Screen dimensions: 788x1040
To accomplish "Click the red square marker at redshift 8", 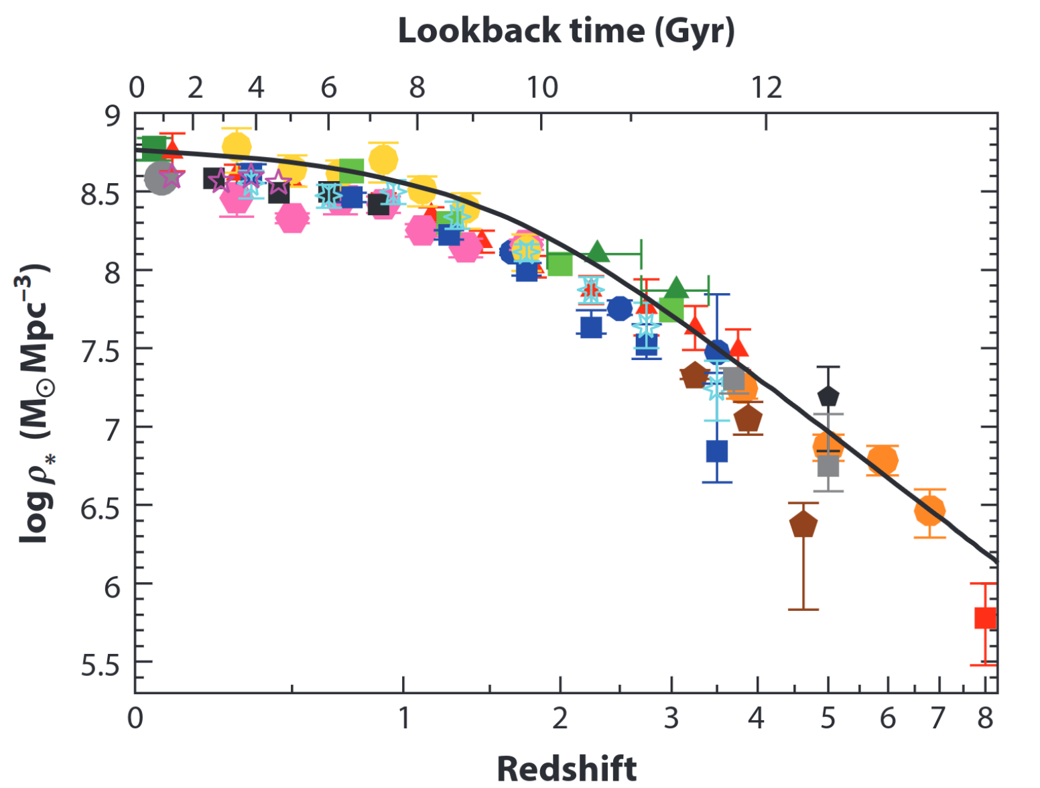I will click(x=985, y=618).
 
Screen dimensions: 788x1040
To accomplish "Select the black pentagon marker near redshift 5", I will click(x=828, y=396).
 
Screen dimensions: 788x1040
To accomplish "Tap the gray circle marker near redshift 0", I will click(x=161, y=178).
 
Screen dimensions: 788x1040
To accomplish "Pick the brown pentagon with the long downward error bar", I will click(x=803, y=524).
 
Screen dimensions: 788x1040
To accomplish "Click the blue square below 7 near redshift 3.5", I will click(x=717, y=451).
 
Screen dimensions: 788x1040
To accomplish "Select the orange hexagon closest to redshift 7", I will click(x=929, y=510).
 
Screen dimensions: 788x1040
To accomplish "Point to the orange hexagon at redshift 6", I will click(x=883, y=460).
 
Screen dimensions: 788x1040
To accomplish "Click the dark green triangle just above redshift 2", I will click(x=598, y=252).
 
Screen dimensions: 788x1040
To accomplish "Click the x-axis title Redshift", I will click(x=566, y=768).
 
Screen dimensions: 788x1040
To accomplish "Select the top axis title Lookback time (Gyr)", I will click(x=566, y=31).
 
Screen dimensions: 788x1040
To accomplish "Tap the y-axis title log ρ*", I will click(x=34, y=402).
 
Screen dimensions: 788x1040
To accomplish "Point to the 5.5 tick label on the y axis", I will click(x=100, y=665).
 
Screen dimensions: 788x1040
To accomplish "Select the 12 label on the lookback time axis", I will click(x=766, y=88).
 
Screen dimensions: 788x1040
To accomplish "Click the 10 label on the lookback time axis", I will click(x=541, y=88).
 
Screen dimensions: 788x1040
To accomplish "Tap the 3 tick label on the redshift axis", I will click(x=671, y=718).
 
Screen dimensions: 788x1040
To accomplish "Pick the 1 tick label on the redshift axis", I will click(x=403, y=718).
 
